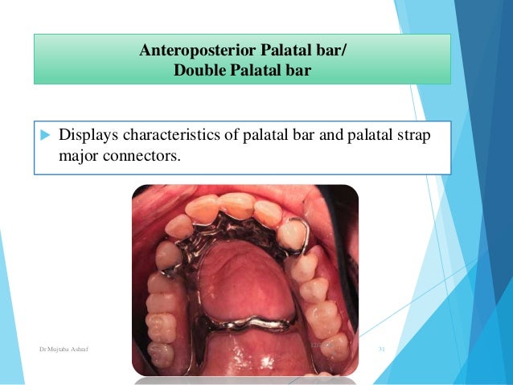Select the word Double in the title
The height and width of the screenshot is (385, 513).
pyautogui.click(x=197, y=71)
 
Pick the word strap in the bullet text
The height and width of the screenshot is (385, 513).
pyautogui.click(x=412, y=133)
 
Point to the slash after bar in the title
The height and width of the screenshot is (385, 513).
pyautogui.click(x=347, y=53)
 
